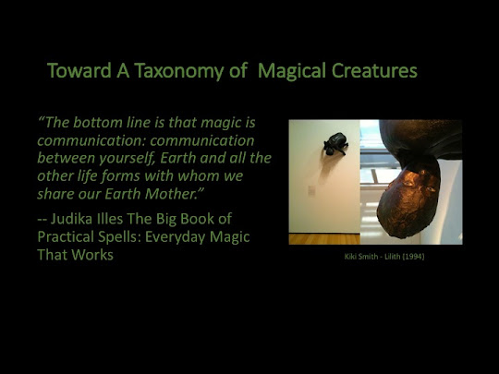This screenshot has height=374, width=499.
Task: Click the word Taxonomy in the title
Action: tap(179, 71)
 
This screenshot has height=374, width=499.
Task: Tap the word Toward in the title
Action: tap(79, 70)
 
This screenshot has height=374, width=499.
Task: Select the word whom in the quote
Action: tap(196, 175)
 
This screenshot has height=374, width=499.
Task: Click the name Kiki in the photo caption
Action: tap(350, 257)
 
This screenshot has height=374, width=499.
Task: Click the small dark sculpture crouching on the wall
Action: tap(336, 144)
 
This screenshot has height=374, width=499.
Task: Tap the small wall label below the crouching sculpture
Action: tap(311, 190)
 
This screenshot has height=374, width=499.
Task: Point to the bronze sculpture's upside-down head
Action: tap(409, 199)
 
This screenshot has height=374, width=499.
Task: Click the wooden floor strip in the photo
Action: tap(324, 239)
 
